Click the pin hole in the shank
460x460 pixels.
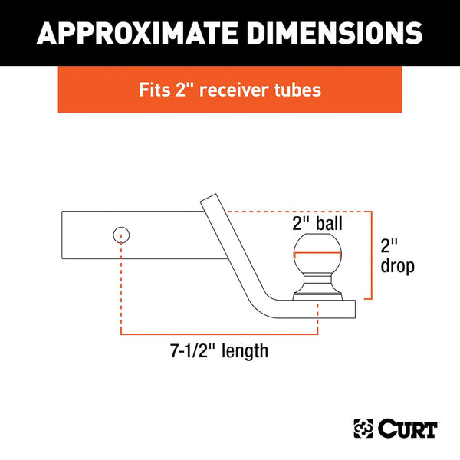[x=120, y=234]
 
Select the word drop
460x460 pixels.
[x=398, y=267]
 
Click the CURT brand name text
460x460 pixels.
[x=406, y=426]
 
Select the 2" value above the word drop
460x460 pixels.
[x=390, y=247]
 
